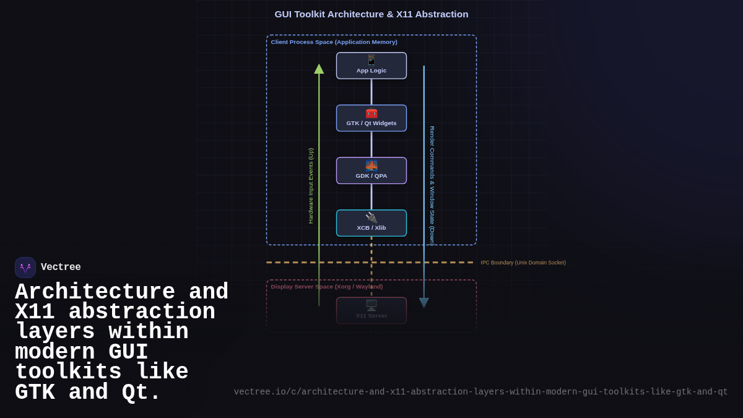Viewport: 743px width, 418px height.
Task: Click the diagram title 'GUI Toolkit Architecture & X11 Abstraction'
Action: (x=371, y=14)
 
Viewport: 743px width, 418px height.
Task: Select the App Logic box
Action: (x=371, y=66)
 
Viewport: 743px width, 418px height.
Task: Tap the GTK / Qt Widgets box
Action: (x=371, y=118)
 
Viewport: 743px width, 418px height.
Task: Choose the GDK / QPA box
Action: (x=371, y=171)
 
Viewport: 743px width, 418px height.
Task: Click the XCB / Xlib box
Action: (x=371, y=223)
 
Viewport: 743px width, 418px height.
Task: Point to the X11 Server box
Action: (x=371, y=311)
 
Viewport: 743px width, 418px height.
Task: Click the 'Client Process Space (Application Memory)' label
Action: (x=334, y=42)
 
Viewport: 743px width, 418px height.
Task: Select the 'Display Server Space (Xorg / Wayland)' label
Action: (x=326, y=287)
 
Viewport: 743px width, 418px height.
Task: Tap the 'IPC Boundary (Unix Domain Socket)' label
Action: (x=523, y=263)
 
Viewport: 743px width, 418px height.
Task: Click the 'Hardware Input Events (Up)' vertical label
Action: (x=311, y=186)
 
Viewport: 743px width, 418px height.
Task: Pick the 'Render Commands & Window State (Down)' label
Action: (x=432, y=186)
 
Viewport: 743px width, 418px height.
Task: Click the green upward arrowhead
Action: (x=319, y=69)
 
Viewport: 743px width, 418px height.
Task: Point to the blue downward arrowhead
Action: (x=424, y=303)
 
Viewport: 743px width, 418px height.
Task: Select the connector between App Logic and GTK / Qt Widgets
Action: (x=371, y=92)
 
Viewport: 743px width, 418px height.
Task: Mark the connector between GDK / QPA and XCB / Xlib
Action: (x=371, y=197)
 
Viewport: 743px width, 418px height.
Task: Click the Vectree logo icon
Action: (x=25, y=268)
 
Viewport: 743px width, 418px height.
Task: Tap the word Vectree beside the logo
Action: (x=61, y=268)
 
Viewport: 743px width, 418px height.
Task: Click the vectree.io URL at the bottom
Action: (x=480, y=392)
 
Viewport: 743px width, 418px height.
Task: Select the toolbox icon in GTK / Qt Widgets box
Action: (x=371, y=113)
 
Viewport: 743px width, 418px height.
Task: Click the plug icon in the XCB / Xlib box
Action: (x=371, y=217)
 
